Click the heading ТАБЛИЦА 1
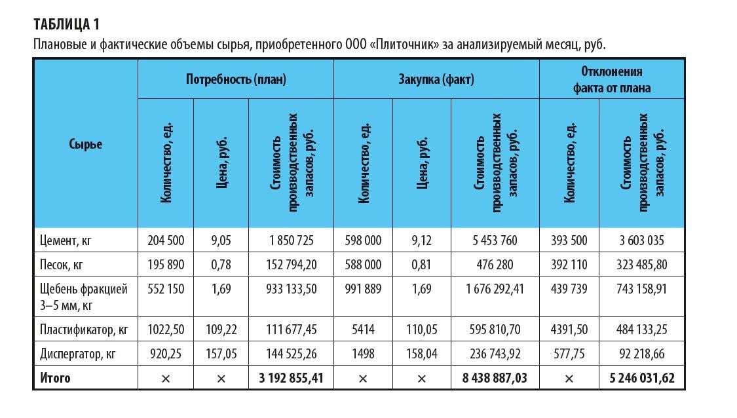click(66, 25)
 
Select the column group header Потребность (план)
click(236, 79)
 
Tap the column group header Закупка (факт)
click(436, 79)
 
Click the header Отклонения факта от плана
click(612, 79)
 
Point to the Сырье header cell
click(85, 144)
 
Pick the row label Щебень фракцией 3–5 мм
click(83, 295)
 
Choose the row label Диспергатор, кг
click(78, 354)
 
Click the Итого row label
click(55, 378)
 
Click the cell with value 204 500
click(165, 240)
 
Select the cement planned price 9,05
click(221, 240)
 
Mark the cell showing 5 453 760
click(495, 240)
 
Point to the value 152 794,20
click(291, 265)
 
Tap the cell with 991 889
click(363, 289)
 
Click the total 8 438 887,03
click(495, 378)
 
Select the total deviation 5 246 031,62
click(641, 378)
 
